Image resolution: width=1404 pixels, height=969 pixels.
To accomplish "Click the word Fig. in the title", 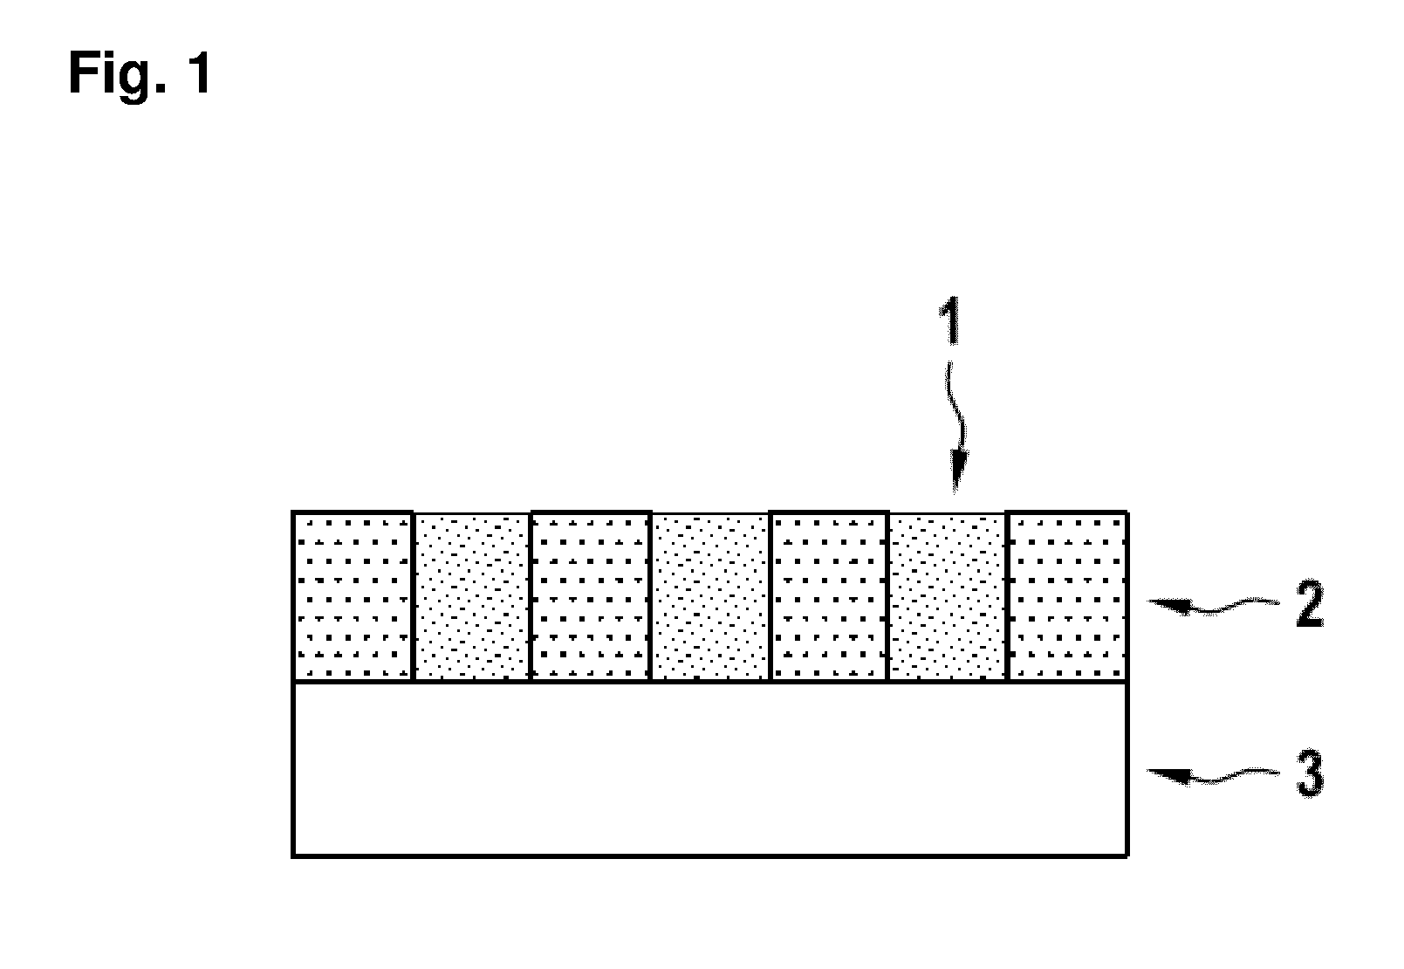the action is [x=117, y=74].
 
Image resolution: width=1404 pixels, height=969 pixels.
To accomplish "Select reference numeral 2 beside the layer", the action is [x=1310, y=603].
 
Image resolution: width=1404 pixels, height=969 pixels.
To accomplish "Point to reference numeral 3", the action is [x=1310, y=774].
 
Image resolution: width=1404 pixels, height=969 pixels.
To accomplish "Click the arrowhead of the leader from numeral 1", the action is [x=958, y=471].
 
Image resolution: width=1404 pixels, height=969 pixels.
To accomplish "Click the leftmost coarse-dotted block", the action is [x=353, y=596].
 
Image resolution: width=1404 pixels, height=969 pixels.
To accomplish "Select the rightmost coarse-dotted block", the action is [x=1068, y=596].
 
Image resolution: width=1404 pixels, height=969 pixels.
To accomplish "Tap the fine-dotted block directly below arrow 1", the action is [x=947, y=598].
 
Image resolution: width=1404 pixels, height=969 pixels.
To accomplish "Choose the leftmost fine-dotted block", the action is [x=472, y=598].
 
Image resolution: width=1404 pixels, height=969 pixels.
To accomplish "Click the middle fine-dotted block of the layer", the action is [x=710, y=598].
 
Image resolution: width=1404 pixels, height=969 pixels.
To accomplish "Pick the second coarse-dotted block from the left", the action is [x=591, y=596].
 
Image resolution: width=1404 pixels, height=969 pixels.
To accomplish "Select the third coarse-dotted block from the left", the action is [x=829, y=596].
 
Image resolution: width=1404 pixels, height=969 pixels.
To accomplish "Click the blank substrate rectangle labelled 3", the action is [x=710, y=769].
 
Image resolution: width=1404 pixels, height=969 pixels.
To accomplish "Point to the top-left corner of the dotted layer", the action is [x=293, y=512].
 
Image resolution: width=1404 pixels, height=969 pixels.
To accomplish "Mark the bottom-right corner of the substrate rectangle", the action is [x=1127, y=856].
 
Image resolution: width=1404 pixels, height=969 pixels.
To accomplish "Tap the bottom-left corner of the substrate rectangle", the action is [x=293, y=856].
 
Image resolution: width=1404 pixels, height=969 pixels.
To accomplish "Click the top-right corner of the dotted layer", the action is [x=1127, y=512].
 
